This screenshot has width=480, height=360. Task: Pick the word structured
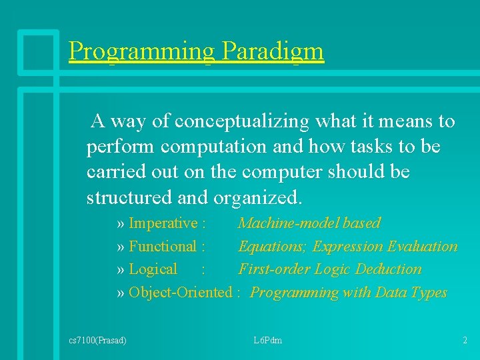[x=128, y=198]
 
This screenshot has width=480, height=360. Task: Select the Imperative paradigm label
[x=163, y=223]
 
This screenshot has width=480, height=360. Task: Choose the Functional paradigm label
[x=163, y=247]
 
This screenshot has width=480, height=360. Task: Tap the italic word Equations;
[x=273, y=247]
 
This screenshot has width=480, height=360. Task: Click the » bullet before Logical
[x=121, y=269]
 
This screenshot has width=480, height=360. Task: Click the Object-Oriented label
[x=179, y=293]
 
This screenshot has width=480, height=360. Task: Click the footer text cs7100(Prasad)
[x=98, y=341]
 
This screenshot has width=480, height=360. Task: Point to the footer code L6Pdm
[x=268, y=341]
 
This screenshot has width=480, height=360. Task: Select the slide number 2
[x=465, y=341]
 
